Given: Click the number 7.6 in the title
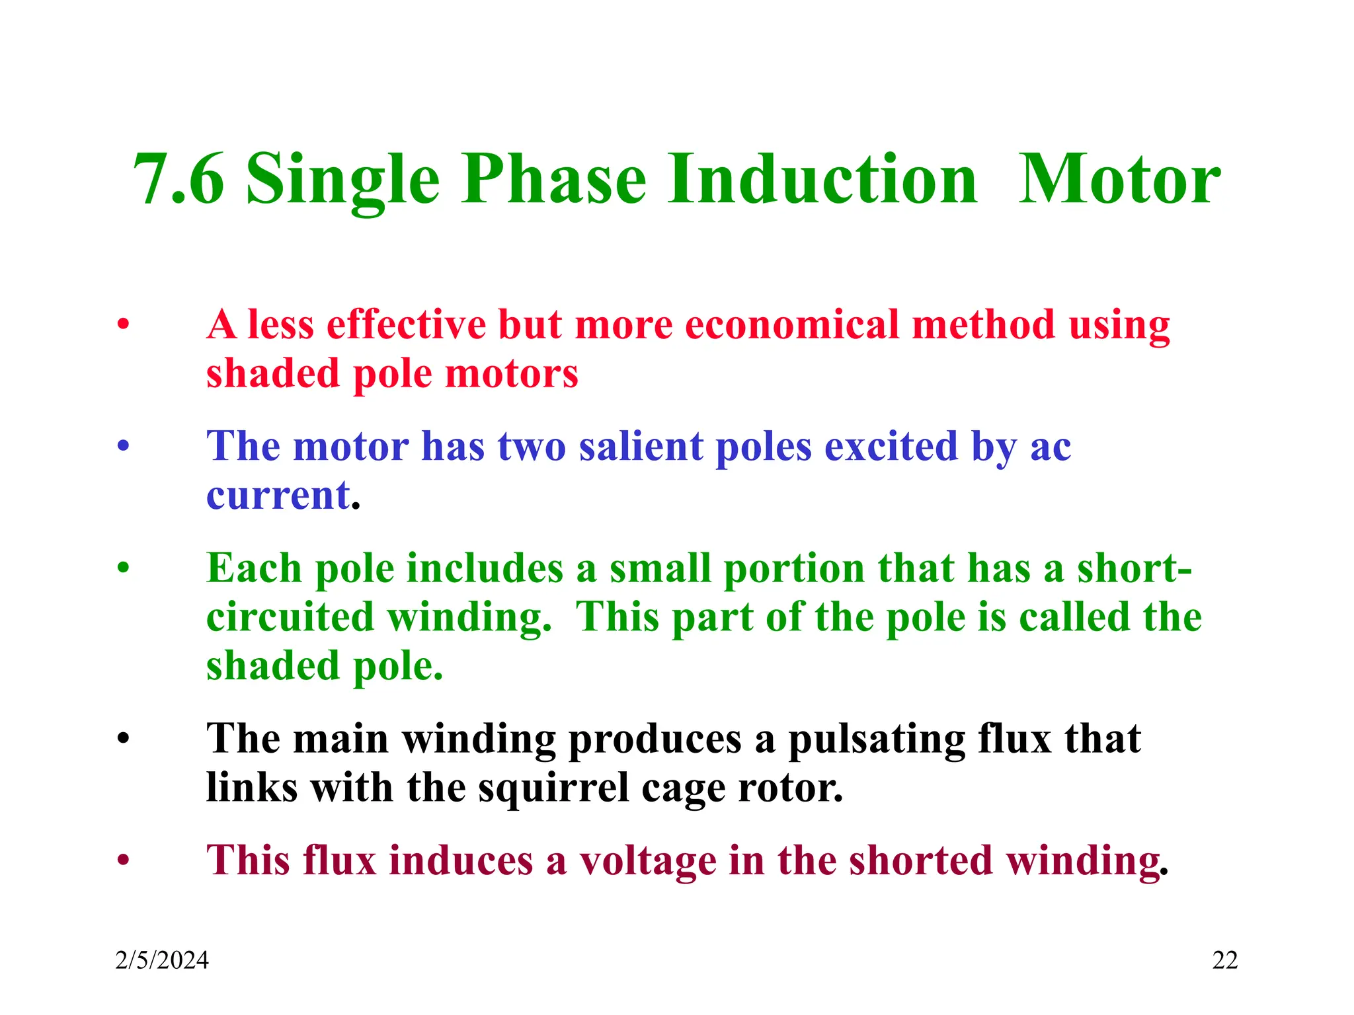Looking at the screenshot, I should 179,180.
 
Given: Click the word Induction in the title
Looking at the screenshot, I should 822,180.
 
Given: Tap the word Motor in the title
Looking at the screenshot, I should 1119,180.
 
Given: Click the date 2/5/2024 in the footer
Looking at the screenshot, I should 162,960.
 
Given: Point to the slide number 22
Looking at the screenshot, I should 1224,960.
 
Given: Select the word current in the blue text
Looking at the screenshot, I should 278,496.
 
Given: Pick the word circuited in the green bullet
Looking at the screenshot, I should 290,617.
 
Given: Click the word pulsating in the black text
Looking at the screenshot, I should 876,739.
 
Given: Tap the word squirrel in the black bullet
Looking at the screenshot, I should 553,788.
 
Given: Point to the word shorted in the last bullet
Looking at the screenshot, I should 920,861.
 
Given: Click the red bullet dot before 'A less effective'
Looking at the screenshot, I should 123,325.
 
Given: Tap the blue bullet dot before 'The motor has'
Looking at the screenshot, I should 123,447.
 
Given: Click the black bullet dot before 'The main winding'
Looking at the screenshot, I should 123,739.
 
